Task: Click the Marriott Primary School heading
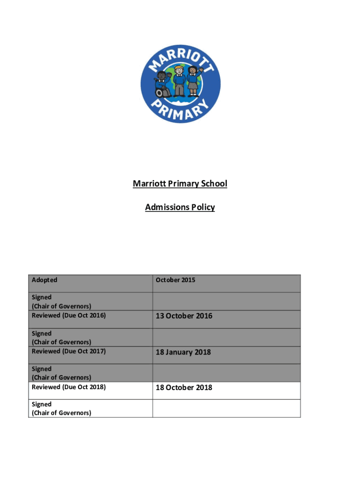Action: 180,183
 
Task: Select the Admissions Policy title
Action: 180,207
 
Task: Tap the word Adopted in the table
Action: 44,280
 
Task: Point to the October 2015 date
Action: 175,280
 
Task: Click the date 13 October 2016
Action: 184,316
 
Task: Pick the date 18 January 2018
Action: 183,352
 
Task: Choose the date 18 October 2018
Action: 184,387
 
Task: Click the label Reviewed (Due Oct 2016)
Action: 69,315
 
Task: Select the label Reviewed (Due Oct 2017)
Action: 69,351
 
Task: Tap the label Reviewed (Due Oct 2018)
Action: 69,387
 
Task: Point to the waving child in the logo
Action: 194,80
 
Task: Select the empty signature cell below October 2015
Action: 226,301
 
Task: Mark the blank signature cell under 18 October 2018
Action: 226,408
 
